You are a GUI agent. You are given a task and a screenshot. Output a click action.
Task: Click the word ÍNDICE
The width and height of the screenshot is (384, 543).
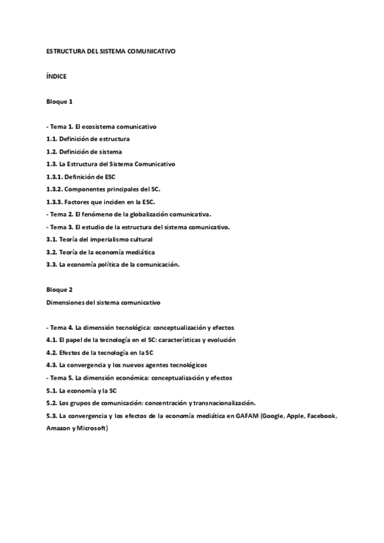pos(56,76)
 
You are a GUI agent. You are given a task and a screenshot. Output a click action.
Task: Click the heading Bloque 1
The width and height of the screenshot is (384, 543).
pos(59,102)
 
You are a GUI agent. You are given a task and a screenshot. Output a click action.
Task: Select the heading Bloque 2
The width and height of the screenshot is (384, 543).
pos(59,289)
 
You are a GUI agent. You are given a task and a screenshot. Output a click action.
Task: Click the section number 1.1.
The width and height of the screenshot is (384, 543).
pos(52,139)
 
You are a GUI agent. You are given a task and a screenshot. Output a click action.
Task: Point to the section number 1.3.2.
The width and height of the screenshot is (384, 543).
pos(56,189)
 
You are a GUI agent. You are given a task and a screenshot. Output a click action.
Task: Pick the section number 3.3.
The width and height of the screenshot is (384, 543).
pos(52,264)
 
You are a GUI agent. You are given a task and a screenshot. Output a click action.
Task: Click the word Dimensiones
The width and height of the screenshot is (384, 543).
pos(65,302)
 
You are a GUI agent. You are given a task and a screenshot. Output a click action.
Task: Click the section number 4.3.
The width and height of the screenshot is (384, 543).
pos(52,364)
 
